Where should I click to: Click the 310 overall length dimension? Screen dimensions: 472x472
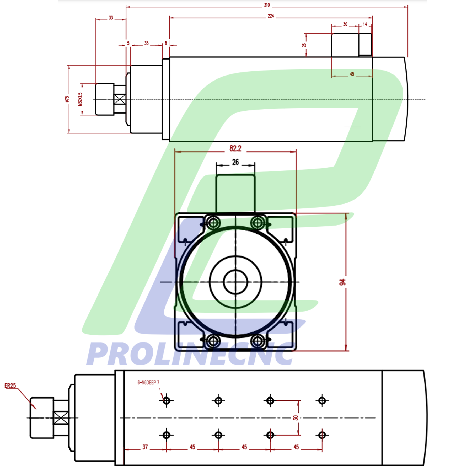point(267,5)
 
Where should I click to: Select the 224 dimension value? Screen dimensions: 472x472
point(271,16)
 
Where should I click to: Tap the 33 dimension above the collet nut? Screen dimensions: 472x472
point(111,18)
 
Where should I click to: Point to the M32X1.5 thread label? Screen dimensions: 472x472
point(80,99)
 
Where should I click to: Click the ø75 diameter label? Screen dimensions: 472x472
point(67,99)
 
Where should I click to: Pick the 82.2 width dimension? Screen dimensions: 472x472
point(235,149)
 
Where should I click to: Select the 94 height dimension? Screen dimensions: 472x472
point(342,282)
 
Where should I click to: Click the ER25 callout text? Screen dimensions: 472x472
point(10,386)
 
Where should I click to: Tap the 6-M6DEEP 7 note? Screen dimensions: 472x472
point(148,383)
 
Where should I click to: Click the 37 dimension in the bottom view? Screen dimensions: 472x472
point(145,447)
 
